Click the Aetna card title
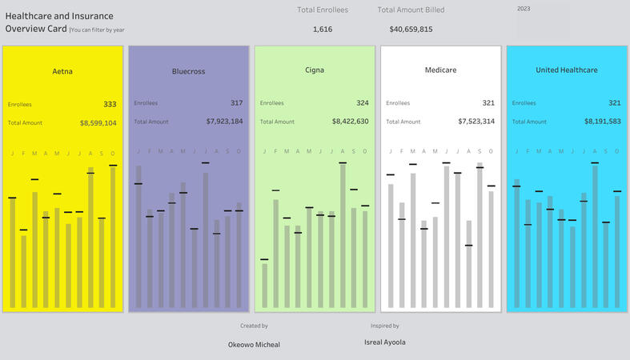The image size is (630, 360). tap(62, 71)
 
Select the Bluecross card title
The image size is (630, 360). tap(188, 71)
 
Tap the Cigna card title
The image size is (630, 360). tap(315, 70)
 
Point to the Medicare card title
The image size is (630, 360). tap(440, 70)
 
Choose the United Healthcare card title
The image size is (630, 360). tap(567, 70)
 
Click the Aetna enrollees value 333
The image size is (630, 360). tap(110, 104)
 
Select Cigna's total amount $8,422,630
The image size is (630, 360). tap(350, 122)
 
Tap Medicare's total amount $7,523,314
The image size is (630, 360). tap(476, 122)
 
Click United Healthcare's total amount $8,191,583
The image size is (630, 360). tap(603, 122)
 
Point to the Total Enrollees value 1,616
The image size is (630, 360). tap(323, 30)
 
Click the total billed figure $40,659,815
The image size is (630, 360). tap(411, 30)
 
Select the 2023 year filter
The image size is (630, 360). tap(524, 9)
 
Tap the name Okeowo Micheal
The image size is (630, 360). tap(254, 345)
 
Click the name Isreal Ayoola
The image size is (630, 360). tap(384, 342)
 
